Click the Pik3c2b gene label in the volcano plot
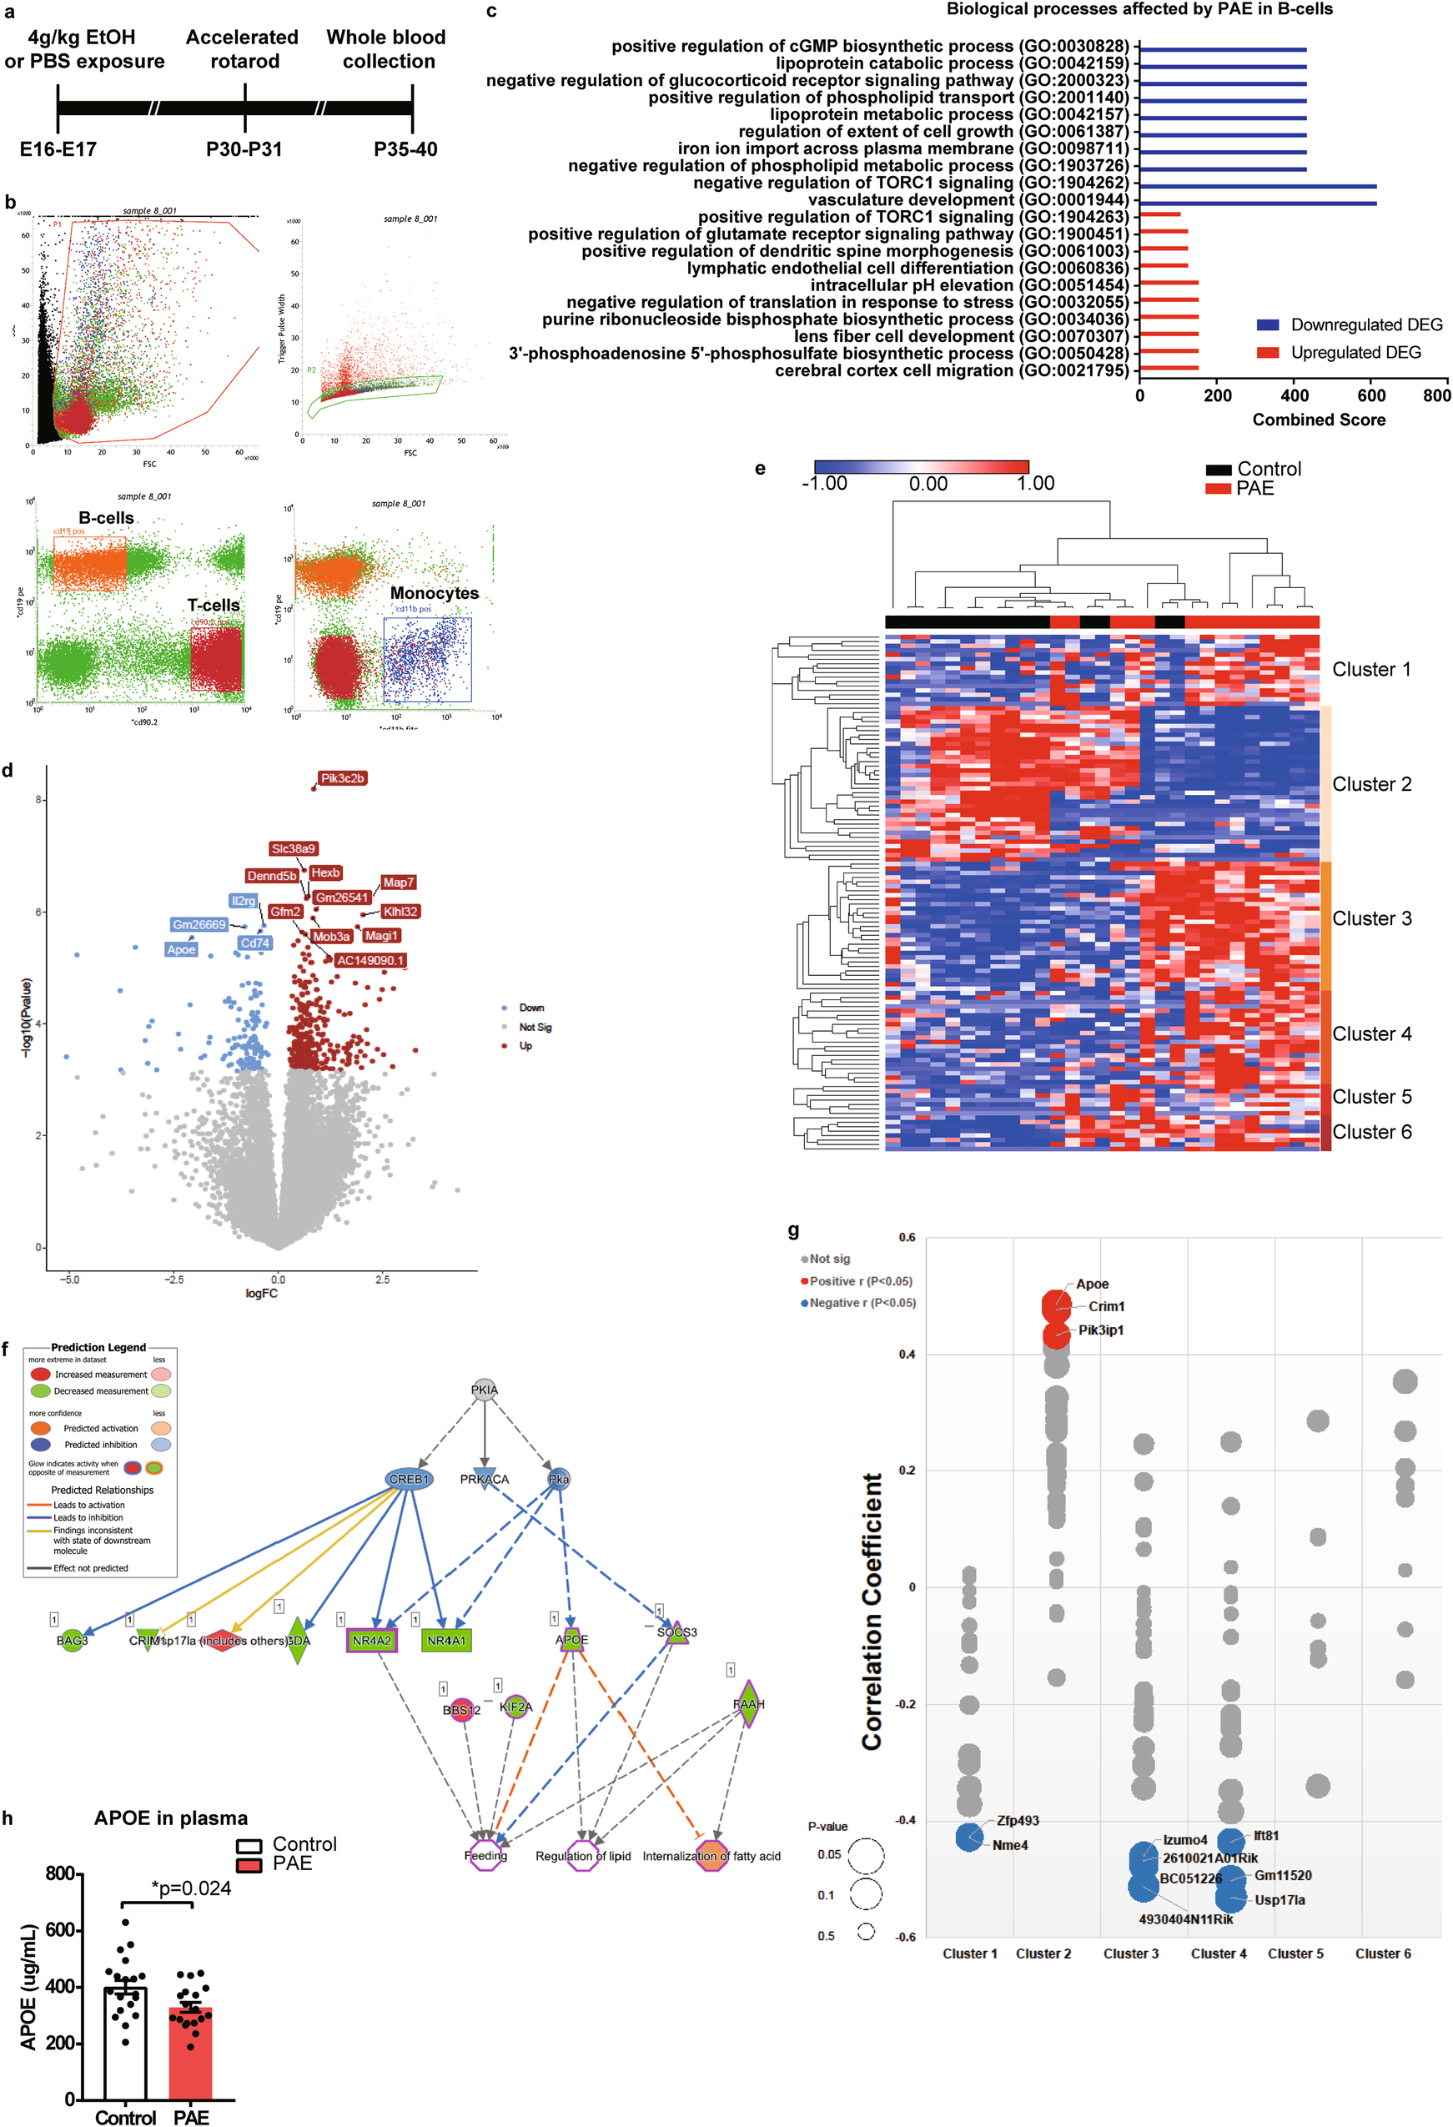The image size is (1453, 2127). tap(342, 778)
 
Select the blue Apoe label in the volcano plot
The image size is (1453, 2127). tap(181, 949)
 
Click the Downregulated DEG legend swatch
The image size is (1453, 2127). tap(1267, 325)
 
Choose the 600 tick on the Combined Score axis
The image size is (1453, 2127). tap(1370, 395)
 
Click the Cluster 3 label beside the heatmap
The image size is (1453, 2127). tap(1370, 918)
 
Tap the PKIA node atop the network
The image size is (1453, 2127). tap(484, 1390)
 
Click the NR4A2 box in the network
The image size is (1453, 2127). tap(371, 1640)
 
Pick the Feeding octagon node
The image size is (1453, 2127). tap(485, 1855)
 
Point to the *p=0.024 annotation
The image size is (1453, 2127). tap(191, 1888)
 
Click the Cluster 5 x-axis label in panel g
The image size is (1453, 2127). tap(1295, 1954)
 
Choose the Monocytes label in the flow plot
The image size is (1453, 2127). tap(434, 593)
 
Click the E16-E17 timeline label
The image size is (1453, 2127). tap(58, 149)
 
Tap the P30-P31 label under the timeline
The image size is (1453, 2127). tap(244, 149)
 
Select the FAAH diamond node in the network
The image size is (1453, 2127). tap(748, 1703)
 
